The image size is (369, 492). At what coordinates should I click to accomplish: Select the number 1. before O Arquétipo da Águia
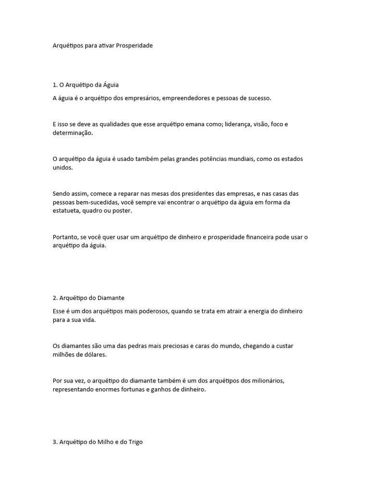[55, 85]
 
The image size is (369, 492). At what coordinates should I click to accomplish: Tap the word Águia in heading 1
[111, 85]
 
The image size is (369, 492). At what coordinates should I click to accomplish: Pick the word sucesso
[258, 98]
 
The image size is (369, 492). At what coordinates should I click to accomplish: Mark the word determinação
[72, 133]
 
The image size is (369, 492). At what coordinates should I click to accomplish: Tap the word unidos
[62, 167]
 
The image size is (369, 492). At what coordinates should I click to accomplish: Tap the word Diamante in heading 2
[111, 298]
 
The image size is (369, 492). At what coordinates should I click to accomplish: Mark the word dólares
[94, 355]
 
